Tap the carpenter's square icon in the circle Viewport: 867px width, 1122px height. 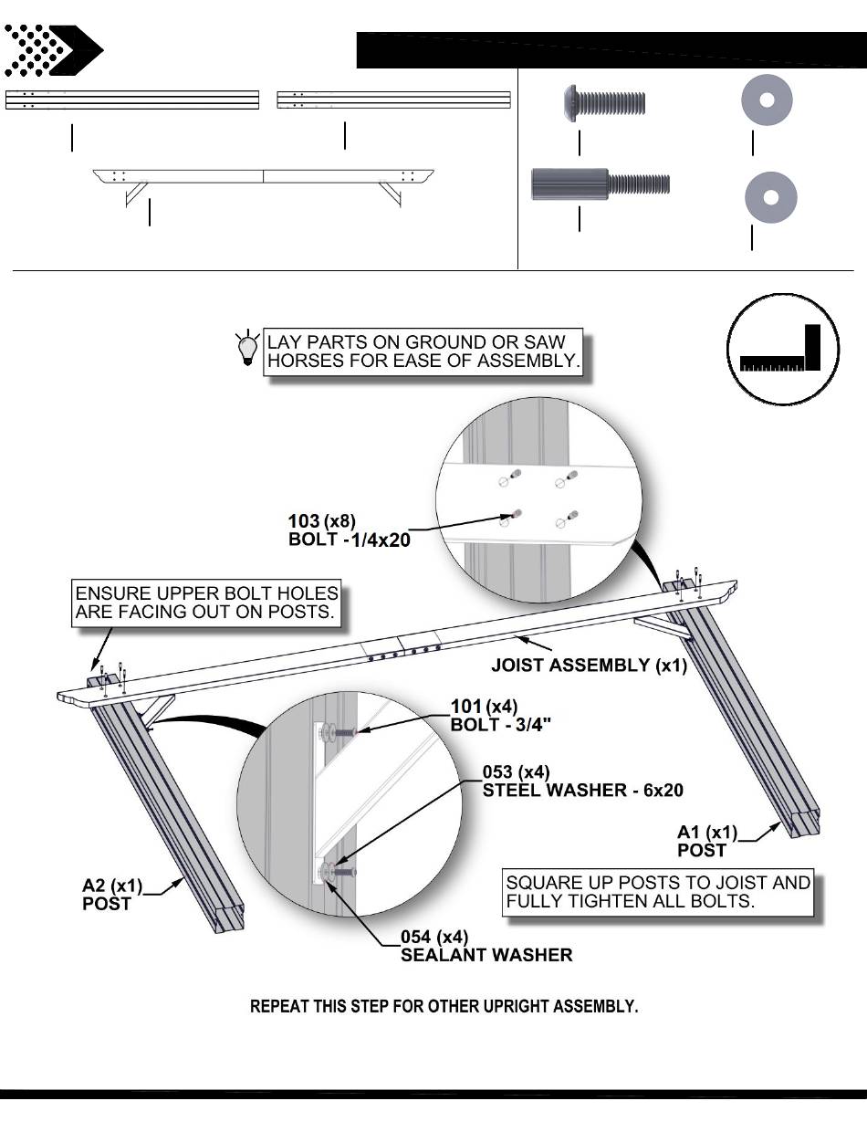pyautogui.click(x=782, y=350)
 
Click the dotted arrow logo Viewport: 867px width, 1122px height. pyautogui.click(x=52, y=50)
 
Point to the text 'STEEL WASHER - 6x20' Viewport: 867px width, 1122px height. pyautogui.click(x=582, y=790)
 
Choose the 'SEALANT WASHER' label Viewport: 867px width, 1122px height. pyautogui.click(x=486, y=955)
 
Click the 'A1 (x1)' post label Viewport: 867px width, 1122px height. pyautogui.click(x=706, y=832)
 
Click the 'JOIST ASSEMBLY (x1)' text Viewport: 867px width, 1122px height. pyautogui.click(x=589, y=665)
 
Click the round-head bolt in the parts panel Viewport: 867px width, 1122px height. pyautogui.click(x=603, y=103)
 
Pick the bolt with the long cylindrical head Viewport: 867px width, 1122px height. pyautogui.click(x=600, y=184)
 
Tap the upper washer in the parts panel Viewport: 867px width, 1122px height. pyautogui.click(x=767, y=101)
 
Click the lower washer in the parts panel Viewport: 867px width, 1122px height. pyautogui.click(x=771, y=196)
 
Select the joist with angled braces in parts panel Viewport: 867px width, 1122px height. pyautogui.click(x=264, y=183)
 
